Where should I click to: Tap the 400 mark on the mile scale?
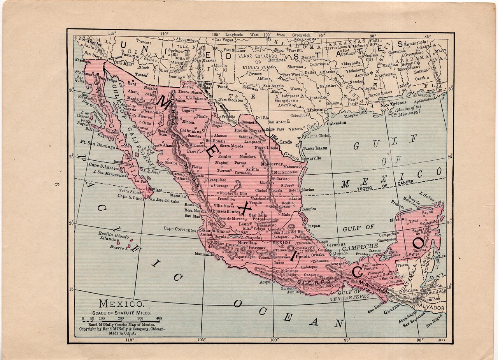158,318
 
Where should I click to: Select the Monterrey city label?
272,164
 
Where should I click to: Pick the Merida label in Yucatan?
397,220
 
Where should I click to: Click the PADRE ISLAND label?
315,148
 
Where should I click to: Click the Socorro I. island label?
119,247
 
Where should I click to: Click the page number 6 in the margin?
56,185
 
